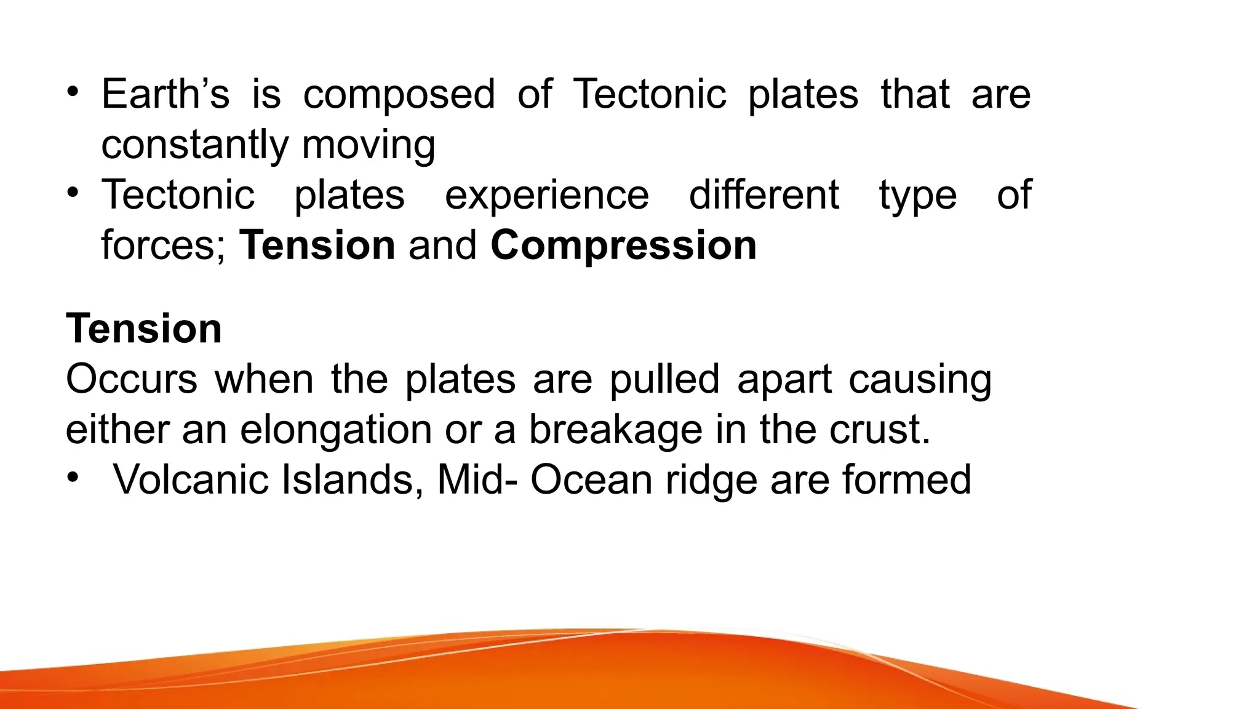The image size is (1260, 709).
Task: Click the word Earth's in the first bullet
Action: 165,94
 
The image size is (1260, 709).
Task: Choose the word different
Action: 764,195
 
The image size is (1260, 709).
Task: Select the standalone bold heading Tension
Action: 144,329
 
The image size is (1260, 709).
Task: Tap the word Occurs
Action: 132,379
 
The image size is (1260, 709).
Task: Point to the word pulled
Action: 664,380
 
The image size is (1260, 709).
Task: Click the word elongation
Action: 336,431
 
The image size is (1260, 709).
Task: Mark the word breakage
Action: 615,431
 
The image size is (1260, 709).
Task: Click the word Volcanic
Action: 191,480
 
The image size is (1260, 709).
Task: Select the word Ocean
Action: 591,480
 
